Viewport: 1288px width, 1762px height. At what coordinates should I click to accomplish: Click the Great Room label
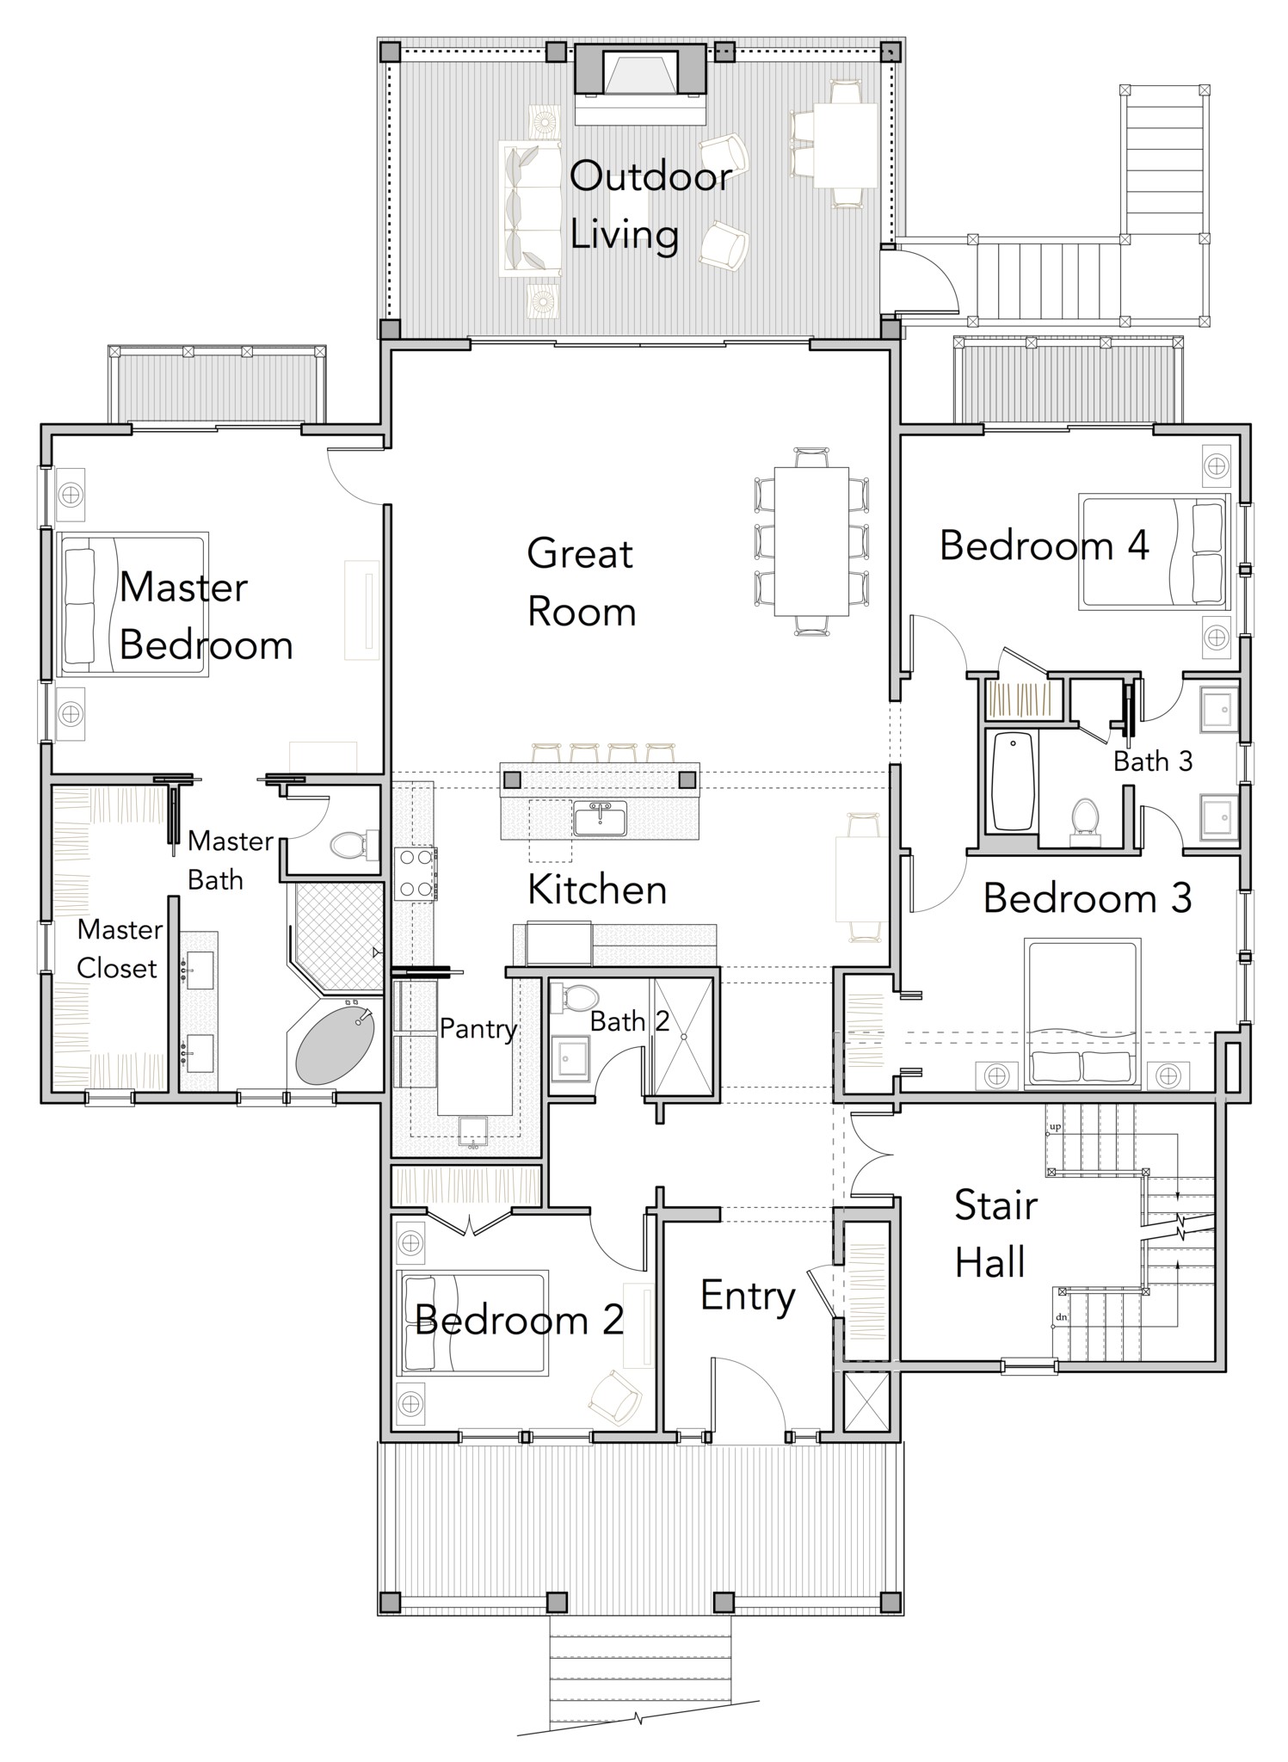(581, 582)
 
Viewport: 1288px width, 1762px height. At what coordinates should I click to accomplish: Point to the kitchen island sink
(600, 817)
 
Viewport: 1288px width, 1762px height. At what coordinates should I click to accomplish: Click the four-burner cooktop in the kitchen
(415, 873)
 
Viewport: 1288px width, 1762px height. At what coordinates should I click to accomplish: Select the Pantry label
(478, 1028)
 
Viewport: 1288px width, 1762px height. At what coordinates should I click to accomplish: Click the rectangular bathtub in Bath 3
(1013, 780)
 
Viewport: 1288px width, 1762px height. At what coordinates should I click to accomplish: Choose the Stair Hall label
(995, 1234)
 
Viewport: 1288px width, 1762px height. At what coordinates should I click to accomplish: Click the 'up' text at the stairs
(1055, 1126)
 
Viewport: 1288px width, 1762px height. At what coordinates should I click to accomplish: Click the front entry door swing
(747, 1395)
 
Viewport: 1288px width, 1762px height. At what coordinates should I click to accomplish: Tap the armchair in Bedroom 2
(615, 1398)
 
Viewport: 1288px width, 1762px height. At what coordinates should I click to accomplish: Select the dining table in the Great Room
(810, 541)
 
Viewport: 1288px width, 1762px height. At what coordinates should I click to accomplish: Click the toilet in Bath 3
(1085, 816)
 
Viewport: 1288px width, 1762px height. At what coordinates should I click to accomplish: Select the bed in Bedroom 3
(1082, 1013)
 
